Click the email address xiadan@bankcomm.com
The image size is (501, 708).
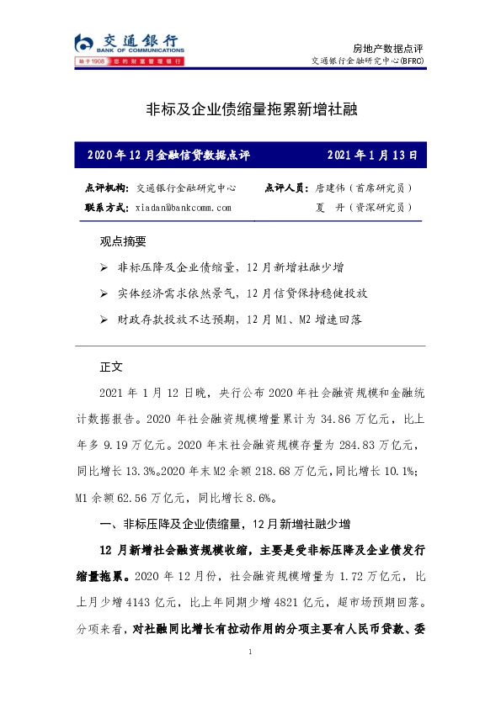click(183, 207)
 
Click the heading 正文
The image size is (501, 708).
click(111, 367)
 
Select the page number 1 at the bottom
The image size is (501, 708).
click(251, 653)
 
